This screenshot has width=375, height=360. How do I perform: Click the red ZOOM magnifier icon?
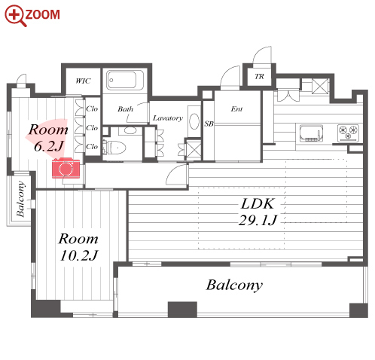(14, 15)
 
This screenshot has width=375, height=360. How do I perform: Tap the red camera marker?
(66, 168)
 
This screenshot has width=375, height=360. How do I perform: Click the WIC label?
(83, 81)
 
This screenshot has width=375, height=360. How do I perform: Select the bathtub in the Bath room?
(125, 80)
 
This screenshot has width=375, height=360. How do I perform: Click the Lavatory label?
(168, 118)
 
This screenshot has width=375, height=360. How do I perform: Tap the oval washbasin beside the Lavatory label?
(194, 121)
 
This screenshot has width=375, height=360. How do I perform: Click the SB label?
(209, 124)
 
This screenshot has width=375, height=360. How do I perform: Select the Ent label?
(236, 108)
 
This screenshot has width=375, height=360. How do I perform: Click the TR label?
(259, 76)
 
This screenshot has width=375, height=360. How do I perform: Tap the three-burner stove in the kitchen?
(348, 133)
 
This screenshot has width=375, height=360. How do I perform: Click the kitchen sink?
(311, 133)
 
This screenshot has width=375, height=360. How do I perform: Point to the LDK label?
(258, 203)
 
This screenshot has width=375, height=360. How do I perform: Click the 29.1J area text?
(258, 221)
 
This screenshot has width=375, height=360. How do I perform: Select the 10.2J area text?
(79, 255)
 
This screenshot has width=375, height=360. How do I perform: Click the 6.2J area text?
(49, 146)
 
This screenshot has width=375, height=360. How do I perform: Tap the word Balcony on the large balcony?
(234, 285)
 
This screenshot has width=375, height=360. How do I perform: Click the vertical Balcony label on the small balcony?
(20, 199)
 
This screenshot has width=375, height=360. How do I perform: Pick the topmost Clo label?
(92, 108)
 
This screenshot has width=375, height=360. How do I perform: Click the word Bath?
(126, 109)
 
